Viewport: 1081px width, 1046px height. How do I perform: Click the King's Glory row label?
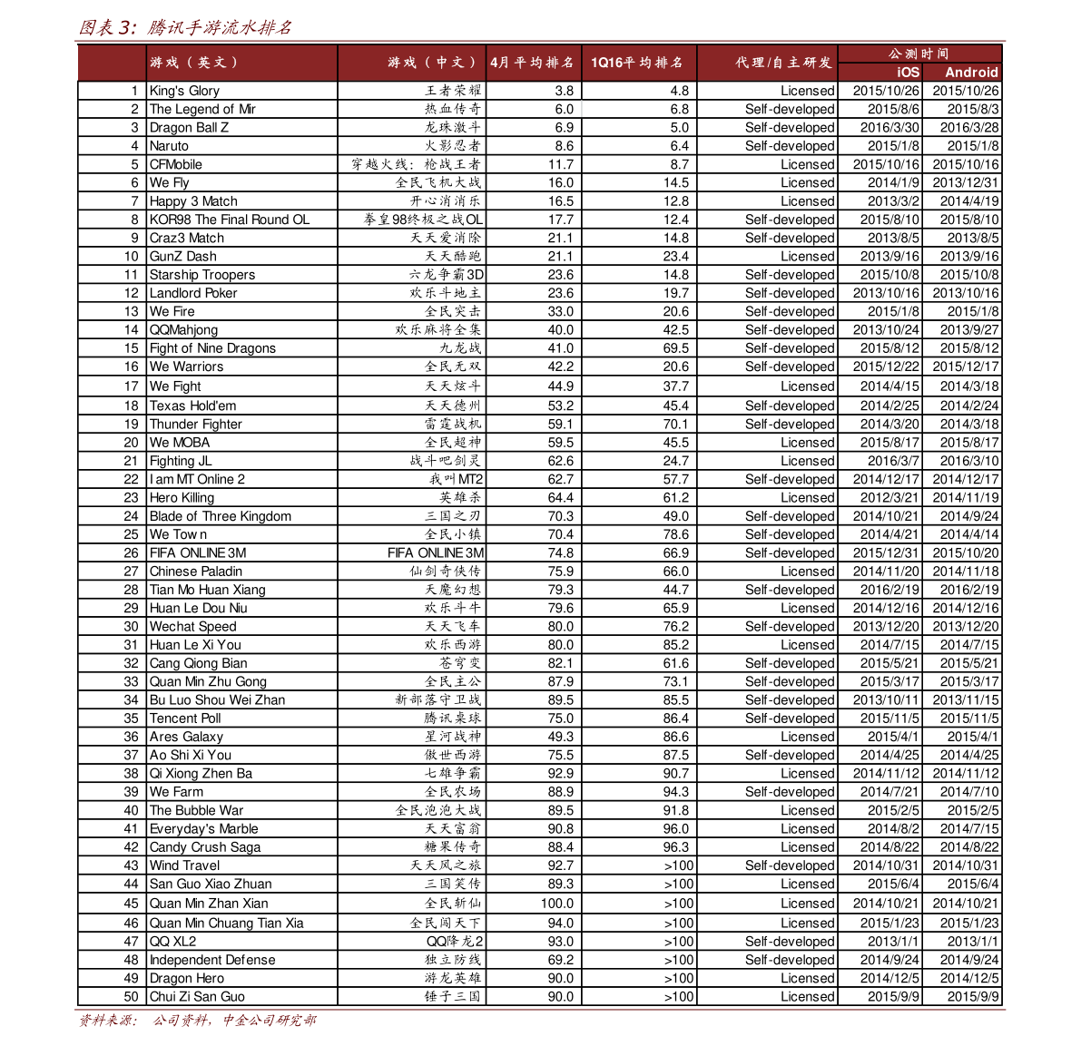(x=184, y=91)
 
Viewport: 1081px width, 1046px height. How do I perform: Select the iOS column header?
(x=908, y=73)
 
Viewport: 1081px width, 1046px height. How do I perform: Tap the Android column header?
(x=970, y=73)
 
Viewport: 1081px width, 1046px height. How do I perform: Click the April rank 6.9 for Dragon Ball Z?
(x=564, y=128)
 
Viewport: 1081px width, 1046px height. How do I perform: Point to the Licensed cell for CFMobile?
(x=807, y=164)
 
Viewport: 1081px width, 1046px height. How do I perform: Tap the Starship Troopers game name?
(x=202, y=275)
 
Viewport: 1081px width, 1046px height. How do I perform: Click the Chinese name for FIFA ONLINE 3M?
(x=436, y=552)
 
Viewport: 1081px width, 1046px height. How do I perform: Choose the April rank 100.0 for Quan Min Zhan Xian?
(x=556, y=904)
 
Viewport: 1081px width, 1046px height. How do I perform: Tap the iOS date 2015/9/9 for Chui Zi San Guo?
(x=893, y=996)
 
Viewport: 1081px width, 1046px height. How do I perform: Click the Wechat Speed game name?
(x=192, y=626)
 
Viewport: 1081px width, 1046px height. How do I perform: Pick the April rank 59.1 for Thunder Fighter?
(x=560, y=424)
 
